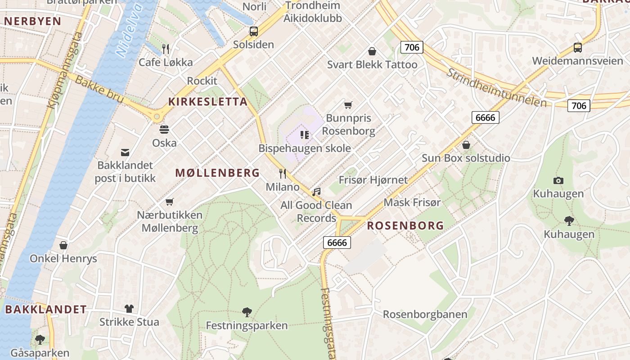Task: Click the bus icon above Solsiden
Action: coord(254,31)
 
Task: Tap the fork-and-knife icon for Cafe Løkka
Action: coord(166,49)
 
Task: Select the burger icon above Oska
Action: coord(164,130)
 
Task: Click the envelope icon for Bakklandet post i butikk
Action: coord(125,153)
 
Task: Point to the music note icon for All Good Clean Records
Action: coord(316,192)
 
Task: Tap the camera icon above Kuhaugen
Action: coord(558,180)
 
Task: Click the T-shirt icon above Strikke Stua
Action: coord(129,309)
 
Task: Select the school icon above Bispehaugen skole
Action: coord(305,135)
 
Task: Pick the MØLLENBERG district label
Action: coord(217,173)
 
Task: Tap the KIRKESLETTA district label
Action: coord(208,102)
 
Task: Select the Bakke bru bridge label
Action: coord(99,89)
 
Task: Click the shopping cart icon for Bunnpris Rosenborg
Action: coord(348,105)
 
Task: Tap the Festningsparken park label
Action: coord(247,325)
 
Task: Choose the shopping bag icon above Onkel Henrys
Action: coord(63,245)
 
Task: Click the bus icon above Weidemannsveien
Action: coord(577,48)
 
